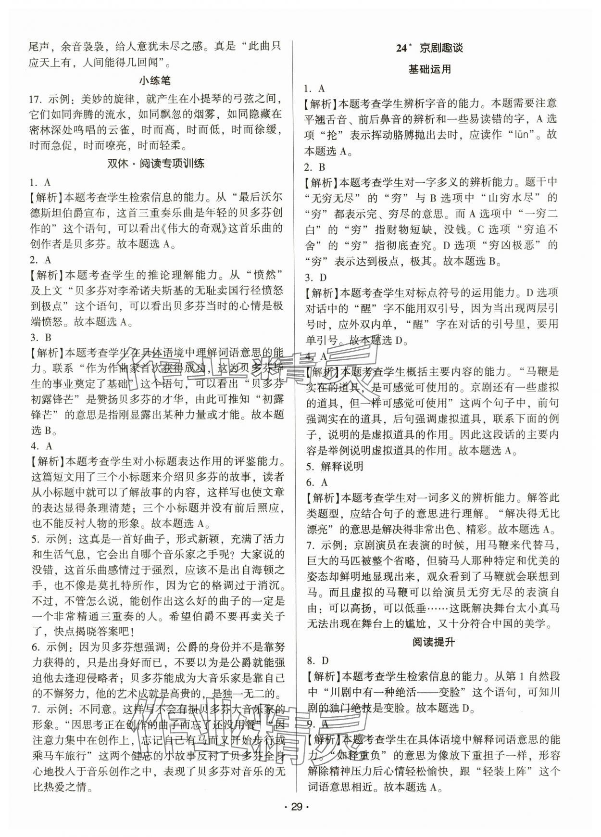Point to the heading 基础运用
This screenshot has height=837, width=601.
(x=429, y=69)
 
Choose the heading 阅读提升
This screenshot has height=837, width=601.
(x=429, y=642)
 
